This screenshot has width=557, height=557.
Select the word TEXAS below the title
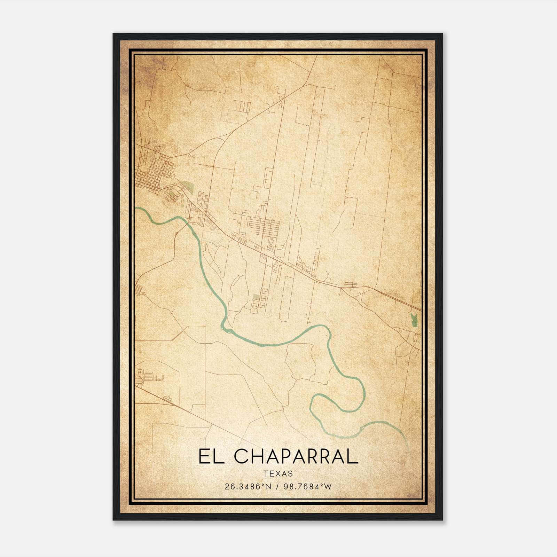pos(278,474)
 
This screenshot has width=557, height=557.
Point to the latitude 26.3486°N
pos(248,487)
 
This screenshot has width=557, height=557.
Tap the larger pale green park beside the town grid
pos(187,187)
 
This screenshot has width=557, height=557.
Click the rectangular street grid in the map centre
pos(264,227)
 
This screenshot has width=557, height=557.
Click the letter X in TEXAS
pos(278,474)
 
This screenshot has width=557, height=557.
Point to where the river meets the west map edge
pos(136,208)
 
